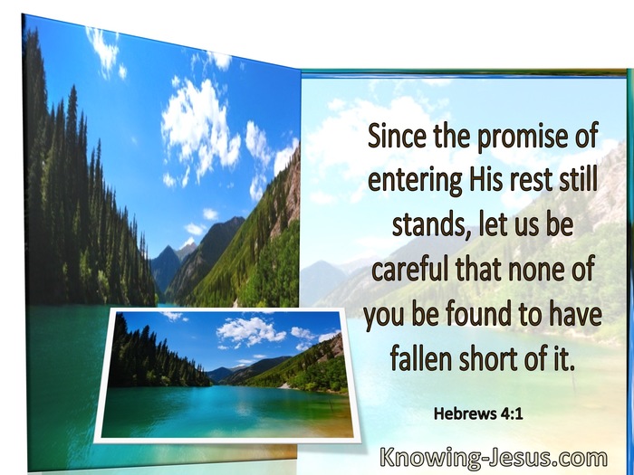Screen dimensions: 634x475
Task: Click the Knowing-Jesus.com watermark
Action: pyautogui.click(x=494, y=459)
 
